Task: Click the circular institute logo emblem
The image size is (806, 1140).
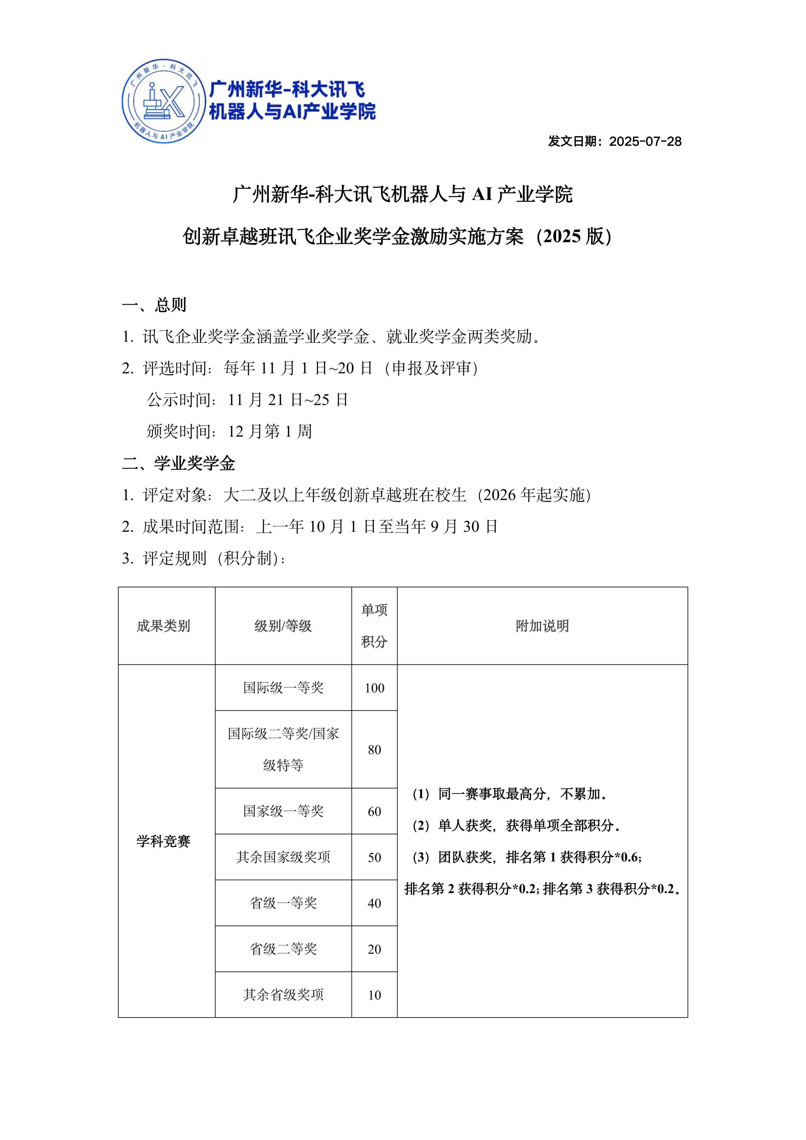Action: click(x=164, y=102)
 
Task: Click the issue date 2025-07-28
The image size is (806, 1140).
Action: click(x=614, y=141)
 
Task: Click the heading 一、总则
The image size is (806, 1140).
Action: click(x=154, y=304)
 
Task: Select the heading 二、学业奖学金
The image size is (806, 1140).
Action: click(x=179, y=463)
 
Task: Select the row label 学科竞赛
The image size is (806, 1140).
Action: click(x=163, y=841)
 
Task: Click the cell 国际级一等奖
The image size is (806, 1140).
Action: click(x=283, y=688)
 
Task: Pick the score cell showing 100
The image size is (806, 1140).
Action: click(x=374, y=688)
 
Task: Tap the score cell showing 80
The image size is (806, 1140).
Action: click(x=374, y=750)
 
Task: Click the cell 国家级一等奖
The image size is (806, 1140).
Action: click(x=283, y=811)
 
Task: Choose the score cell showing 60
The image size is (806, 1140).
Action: click(x=374, y=812)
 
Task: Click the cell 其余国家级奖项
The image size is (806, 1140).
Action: click(x=283, y=857)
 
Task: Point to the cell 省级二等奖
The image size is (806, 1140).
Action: click(x=283, y=949)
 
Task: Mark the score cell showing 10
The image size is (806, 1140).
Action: click(x=374, y=995)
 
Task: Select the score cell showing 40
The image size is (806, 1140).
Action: click(x=374, y=903)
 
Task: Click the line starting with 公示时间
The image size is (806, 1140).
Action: click(x=247, y=400)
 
